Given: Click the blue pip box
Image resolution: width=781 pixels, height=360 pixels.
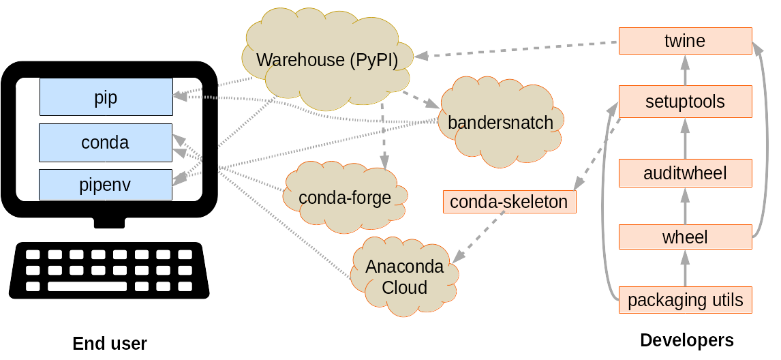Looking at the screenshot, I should pyautogui.click(x=106, y=97).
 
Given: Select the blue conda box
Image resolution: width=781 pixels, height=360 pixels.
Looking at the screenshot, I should pyautogui.click(x=105, y=142).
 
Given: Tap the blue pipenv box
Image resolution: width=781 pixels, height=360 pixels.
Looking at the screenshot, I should pyautogui.click(x=105, y=185).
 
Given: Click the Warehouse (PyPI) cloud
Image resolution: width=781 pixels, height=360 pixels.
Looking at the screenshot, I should pyautogui.click(x=327, y=60).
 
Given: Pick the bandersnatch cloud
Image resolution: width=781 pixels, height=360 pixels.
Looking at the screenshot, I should pyautogui.click(x=500, y=123).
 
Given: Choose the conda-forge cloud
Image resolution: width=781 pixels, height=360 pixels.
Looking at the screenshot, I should pyautogui.click(x=345, y=198).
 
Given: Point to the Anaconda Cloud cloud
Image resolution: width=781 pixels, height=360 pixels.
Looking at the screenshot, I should pyautogui.click(x=404, y=276).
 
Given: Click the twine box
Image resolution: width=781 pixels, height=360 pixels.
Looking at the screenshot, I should pyautogui.click(x=684, y=41).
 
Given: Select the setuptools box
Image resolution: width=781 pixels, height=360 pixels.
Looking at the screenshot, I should pyautogui.click(x=684, y=102).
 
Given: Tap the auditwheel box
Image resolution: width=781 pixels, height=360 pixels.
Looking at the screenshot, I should pyautogui.click(x=684, y=173).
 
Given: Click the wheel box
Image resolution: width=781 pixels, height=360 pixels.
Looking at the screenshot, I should pyautogui.click(x=684, y=237).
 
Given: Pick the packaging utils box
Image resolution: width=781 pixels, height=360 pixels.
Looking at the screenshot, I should pyautogui.click(x=684, y=300).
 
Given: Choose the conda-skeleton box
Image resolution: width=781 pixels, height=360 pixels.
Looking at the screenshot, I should pyautogui.click(x=508, y=202).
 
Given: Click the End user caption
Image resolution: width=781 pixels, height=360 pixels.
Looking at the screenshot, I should pyautogui.click(x=110, y=343).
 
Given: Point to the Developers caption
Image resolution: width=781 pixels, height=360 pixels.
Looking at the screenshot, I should pyautogui.click(x=686, y=340).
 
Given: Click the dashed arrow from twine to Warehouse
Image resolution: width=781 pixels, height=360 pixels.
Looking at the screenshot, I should pyautogui.click(x=518, y=48).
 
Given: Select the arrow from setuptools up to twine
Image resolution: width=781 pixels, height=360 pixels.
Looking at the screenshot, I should pyautogui.click(x=685, y=70).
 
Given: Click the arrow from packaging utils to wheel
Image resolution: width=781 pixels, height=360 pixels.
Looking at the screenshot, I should pyautogui.click(x=685, y=269).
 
